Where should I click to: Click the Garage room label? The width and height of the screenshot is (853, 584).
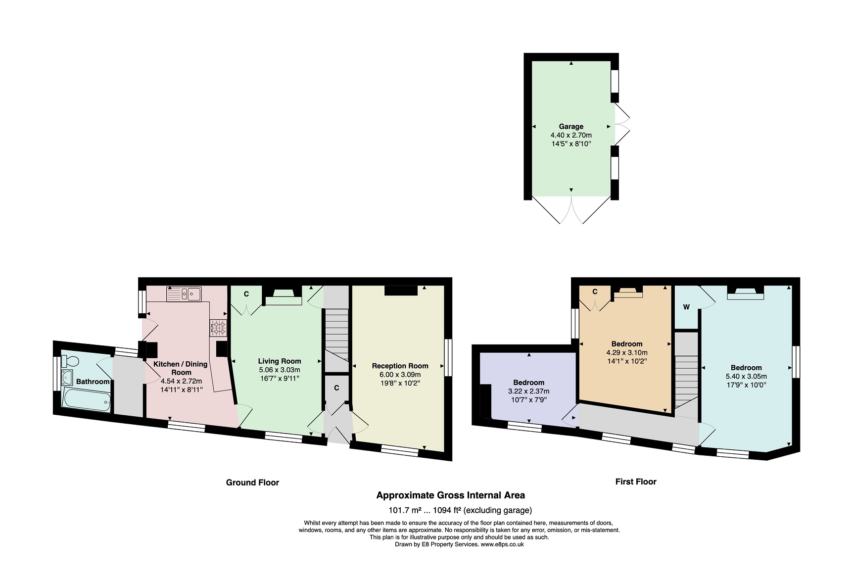pyautogui.click(x=571, y=126)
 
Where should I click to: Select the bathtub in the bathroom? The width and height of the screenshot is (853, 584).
pyautogui.click(x=87, y=399)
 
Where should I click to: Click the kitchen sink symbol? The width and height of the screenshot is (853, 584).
pyautogui.click(x=184, y=294)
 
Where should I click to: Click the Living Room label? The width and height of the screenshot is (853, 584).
pyautogui.click(x=280, y=361)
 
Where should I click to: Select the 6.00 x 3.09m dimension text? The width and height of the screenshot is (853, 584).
pyautogui.click(x=400, y=375)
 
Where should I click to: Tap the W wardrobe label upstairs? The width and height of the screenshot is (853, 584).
pyautogui.click(x=686, y=307)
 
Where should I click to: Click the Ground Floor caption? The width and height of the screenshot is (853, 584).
pyautogui.click(x=252, y=482)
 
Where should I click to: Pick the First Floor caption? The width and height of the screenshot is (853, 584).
pyautogui.click(x=636, y=481)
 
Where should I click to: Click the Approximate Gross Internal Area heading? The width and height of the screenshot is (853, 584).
pyautogui.click(x=450, y=495)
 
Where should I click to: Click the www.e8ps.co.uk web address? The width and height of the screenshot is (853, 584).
pyautogui.click(x=502, y=544)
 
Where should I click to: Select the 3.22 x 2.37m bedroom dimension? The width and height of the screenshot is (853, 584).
pyautogui.click(x=528, y=391)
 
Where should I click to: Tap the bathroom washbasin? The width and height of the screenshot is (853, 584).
pyautogui.click(x=67, y=377)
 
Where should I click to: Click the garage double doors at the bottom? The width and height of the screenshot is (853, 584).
pyautogui.click(x=571, y=210)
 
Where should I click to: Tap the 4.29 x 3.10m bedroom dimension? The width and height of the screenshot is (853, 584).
pyautogui.click(x=627, y=352)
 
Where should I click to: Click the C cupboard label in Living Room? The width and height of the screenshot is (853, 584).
pyautogui.click(x=246, y=294)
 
